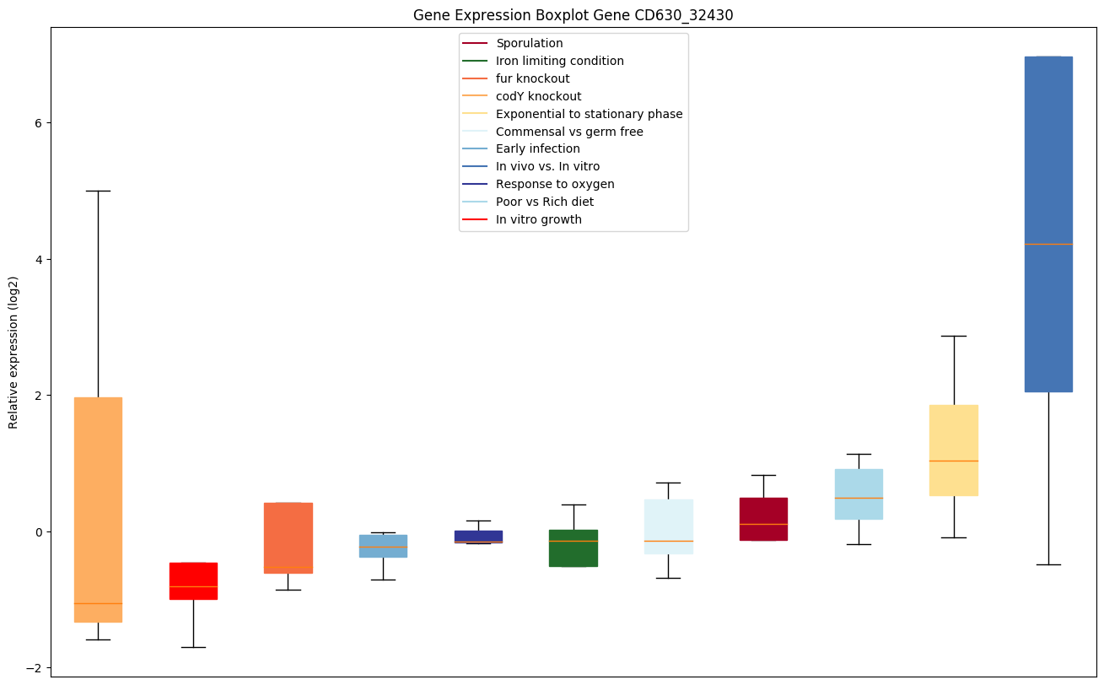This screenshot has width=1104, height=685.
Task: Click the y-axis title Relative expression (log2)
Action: point(13,352)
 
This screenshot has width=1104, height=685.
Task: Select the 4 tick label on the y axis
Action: point(39,259)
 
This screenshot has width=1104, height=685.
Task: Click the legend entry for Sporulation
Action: point(529,43)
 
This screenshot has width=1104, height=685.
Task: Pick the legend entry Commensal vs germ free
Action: point(569,132)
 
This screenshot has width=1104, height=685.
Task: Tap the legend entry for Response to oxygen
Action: point(555,184)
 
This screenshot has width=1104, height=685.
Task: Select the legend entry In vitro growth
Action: point(538,219)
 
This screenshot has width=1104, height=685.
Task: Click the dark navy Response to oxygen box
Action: point(478,535)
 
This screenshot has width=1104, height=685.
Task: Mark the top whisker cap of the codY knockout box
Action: point(98,191)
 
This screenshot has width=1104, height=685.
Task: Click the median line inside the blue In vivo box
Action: point(1048,244)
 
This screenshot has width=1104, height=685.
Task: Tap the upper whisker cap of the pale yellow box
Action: point(954,336)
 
